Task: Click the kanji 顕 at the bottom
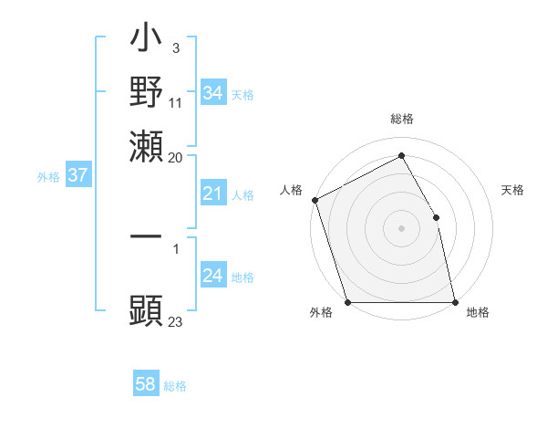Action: [147, 309]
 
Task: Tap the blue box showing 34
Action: [212, 93]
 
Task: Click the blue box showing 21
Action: [212, 194]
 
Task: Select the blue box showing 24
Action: [212, 276]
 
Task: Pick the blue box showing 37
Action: [77, 175]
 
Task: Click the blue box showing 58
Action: [146, 384]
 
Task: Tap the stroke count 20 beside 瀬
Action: [175, 157]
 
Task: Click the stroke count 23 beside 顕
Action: [175, 321]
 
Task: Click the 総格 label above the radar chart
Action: [401, 119]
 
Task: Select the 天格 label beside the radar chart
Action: [513, 190]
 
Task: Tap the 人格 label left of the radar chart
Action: [291, 190]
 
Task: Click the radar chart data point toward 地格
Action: [455, 302]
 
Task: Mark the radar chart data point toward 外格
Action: [347, 302]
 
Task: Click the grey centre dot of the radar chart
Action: [401, 228]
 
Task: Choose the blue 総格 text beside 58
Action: [175, 386]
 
